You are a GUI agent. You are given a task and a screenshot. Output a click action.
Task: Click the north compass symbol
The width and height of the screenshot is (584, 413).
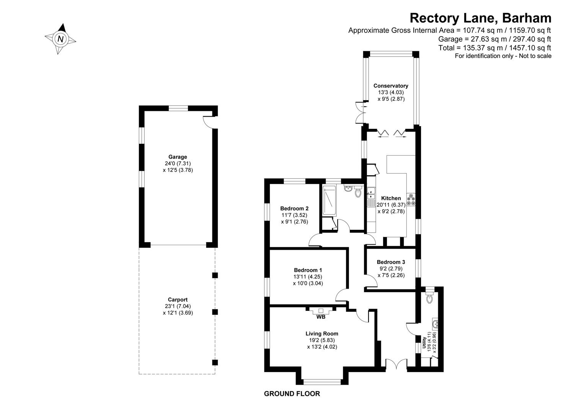[60, 39]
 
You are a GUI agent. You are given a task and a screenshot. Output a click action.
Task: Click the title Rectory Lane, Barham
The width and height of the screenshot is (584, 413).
[480, 18]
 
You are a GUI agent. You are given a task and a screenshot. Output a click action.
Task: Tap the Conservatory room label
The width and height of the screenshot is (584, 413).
[391, 86]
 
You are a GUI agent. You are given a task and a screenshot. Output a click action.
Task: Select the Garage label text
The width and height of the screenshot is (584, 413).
[178, 157]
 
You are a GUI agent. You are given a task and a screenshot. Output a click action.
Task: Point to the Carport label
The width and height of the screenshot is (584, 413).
[178, 300]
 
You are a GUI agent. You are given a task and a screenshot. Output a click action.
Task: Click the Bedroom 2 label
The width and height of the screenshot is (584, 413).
[294, 209]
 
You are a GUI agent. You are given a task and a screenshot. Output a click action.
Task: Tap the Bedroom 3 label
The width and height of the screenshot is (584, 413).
[391, 262]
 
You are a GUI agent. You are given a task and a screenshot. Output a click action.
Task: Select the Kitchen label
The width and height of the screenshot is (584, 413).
[391, 198]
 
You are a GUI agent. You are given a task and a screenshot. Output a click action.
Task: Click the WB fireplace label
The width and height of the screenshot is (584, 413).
[321, 317]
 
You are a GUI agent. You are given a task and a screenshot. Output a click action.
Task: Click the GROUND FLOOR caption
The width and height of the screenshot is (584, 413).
[292, 394]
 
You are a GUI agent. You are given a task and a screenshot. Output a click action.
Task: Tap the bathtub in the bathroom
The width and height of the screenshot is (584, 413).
[329, 201]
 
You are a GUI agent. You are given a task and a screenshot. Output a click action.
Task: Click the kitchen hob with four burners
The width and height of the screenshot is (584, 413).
[412, 200]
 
